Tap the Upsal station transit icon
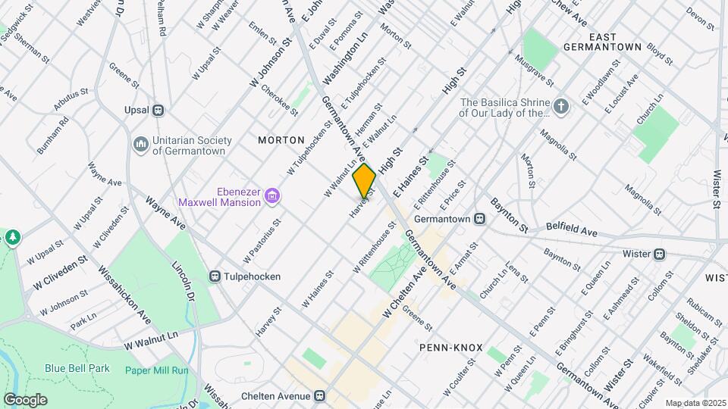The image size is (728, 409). click(x=158, y=111)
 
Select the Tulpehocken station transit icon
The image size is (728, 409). click(x=216, y=277)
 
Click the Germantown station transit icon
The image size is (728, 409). click(x=479, y=218)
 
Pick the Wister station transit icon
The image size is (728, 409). click(x=660, y=254)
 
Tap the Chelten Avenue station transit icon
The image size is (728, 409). click(x=320, y=396)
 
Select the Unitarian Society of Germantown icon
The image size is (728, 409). click(x=140, y=144)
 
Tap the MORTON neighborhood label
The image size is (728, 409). click(x=281, y=140)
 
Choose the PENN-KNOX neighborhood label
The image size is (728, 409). click(x=450, y=348)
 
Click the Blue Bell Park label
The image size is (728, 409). click(x=77, y=369)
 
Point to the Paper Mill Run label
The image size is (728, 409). click(x=156, y=370)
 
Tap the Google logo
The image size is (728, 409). click(x=25, y=399)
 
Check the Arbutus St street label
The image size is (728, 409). click(x=71, y=99)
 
